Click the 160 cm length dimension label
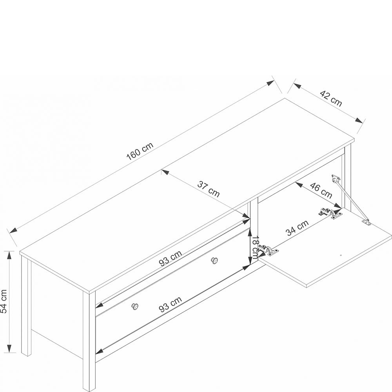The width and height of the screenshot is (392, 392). click(140, 151)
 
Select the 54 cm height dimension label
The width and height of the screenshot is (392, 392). click(4, 301)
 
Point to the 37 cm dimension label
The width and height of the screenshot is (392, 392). click(209, 189)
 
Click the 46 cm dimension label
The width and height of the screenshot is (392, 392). click(321, 190)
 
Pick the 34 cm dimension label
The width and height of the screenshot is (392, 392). click(298, 228)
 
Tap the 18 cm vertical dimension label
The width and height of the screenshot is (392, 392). click(254, 247)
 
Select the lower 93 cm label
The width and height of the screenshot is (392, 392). click(171, 304)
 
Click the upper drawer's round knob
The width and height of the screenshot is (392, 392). click(214, 260)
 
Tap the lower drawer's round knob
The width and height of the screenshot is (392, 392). click(135, 306)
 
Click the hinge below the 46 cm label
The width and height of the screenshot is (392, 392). click(330, 212)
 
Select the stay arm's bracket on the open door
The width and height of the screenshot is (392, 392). click(366, 222)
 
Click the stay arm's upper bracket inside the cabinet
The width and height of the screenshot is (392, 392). click(336, 178)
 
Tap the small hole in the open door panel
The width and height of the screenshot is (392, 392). click(341, 256)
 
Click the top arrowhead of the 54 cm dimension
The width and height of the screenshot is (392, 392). click(9, 255)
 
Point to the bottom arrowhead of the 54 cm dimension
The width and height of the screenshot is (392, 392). click(9, 348)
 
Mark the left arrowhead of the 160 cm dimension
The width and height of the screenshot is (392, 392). click(13, 230)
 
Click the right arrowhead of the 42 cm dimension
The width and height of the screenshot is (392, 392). click(359, 120)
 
